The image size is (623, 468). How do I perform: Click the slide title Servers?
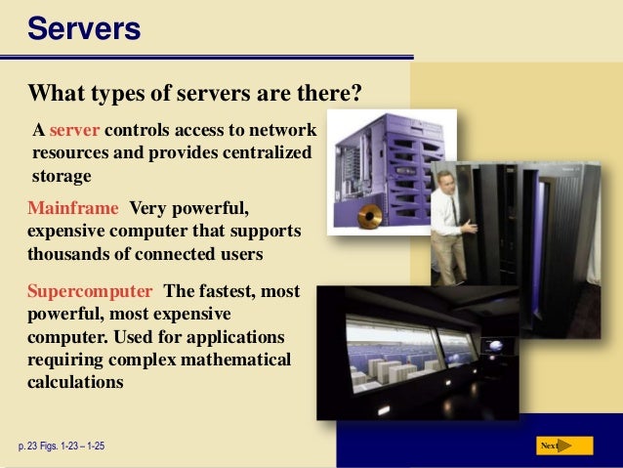84,28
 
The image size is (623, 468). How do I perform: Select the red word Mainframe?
74,208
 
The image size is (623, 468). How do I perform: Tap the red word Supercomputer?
90,292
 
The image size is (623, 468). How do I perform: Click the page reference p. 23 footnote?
61,447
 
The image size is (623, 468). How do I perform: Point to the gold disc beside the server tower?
369,217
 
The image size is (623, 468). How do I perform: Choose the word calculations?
75,382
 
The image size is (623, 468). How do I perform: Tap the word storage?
62,177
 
